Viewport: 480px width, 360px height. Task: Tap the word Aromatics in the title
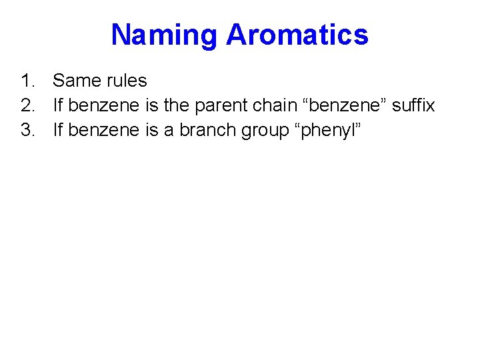point(297,35)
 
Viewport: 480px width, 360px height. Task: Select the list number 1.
point(26,81)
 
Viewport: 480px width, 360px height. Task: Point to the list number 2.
point(26,105)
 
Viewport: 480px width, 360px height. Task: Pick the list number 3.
point(26,129)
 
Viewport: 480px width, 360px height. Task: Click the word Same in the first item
point(73,81)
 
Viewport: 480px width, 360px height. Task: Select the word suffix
point(413,105)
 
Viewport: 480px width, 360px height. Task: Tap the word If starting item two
point(58,105)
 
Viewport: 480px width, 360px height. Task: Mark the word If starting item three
point(58,129)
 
